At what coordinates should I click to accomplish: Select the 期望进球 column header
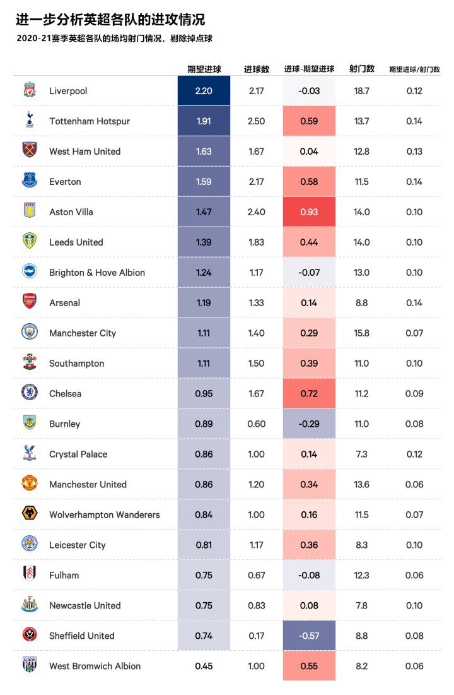(204, 69)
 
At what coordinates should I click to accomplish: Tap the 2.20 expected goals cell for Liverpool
(204, 91)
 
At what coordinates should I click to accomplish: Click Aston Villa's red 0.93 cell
(309, 212)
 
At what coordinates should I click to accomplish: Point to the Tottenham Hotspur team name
(90, 121)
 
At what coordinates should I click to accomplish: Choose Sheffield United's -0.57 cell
(309, 636)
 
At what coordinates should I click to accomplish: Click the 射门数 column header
(362, 69)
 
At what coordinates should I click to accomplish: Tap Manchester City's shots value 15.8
(362, 333)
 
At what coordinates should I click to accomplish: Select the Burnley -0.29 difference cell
(309, 424)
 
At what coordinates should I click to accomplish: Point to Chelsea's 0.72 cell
(309, 394)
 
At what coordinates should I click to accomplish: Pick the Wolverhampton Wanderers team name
(105, 515)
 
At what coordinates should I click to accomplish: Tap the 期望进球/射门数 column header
(414, 69)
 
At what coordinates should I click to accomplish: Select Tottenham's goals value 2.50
(256, 121)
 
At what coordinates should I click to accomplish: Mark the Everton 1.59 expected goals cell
(204, 182)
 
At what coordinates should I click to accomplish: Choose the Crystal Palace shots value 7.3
(362, 454)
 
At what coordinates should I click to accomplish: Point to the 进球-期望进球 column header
(309, 69)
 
